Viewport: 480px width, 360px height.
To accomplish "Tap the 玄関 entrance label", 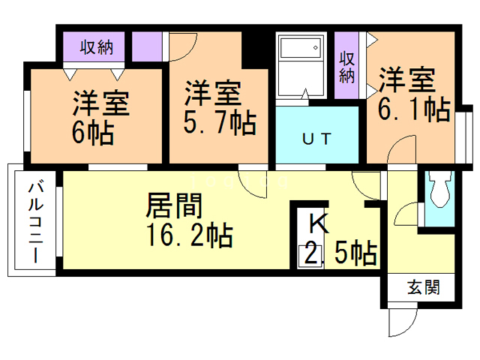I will tap(423, 287).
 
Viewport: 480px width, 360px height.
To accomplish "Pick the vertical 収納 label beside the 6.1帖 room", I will tap(346, 67).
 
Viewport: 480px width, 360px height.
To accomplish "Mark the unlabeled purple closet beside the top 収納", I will tap(147, 46).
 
